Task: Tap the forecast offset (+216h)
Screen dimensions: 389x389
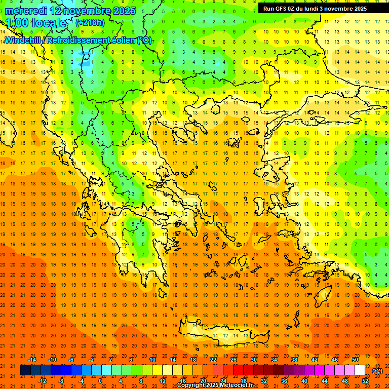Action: point(90,22)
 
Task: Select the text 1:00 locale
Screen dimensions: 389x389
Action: point(36,22)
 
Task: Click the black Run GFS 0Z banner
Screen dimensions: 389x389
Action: point(320,8)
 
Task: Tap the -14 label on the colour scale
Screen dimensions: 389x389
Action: point(32,359)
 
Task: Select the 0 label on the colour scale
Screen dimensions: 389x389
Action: point(100,381)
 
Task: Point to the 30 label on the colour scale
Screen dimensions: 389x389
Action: point(254,359)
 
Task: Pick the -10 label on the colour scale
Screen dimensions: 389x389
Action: point(52,359)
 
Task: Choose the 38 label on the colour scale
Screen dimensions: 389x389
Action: point(294,359)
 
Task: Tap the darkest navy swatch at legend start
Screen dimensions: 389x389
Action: point(25,370)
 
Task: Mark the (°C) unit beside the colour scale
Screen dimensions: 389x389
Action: point(377,370)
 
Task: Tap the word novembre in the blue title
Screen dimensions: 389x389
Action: point(82,11)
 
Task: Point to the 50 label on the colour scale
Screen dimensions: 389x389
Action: point(355,359)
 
